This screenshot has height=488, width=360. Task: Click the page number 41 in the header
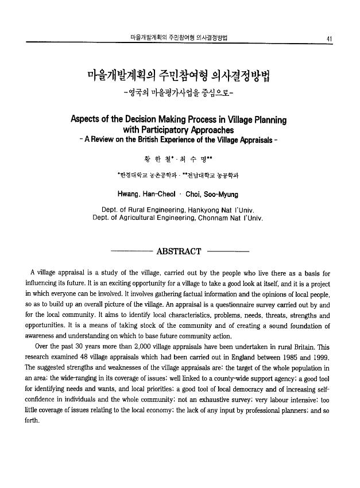tap(329, 38)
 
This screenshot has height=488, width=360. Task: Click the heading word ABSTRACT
tap(179, 251)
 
